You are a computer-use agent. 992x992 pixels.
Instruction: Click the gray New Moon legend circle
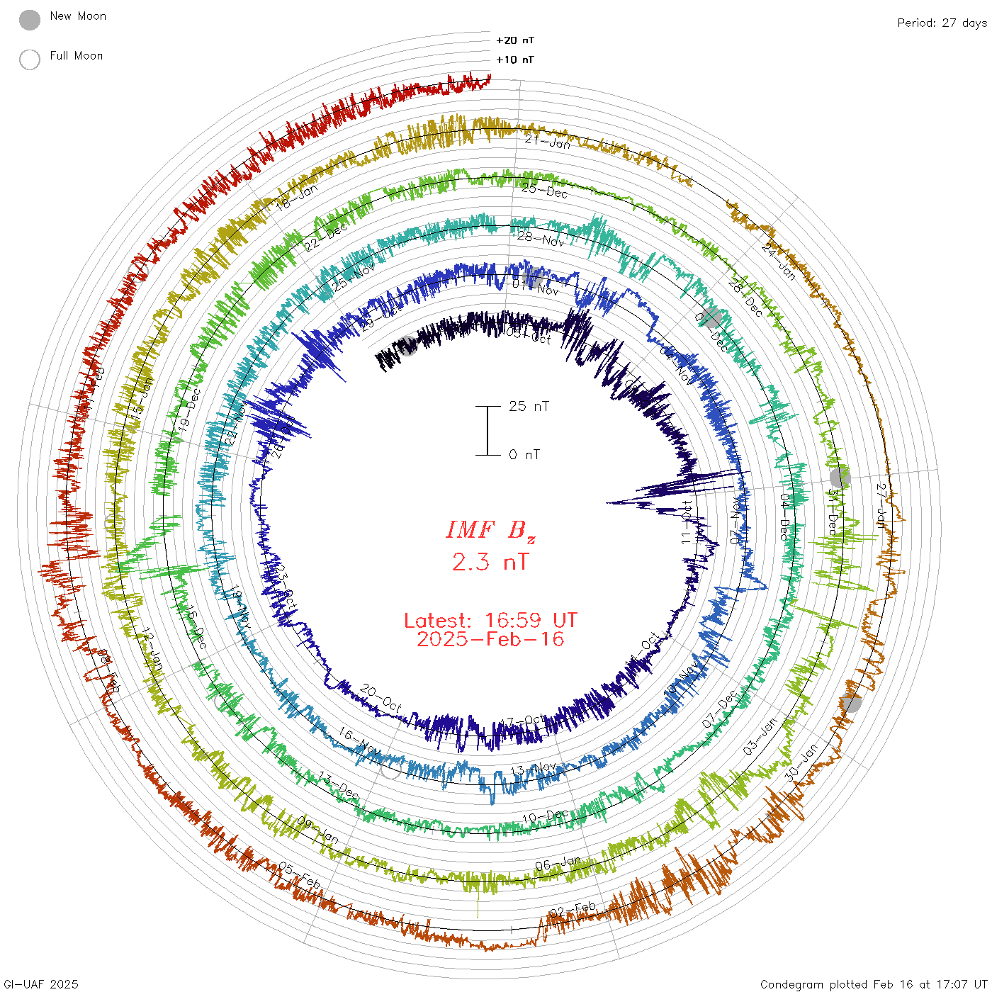(30, 21)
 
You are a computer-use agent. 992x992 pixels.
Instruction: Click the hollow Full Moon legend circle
(30, 60)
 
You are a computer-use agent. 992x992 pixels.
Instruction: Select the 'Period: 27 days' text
(942, 23)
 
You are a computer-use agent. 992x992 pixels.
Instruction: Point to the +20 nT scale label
(515, 40)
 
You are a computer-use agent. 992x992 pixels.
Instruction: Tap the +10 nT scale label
(515, 60)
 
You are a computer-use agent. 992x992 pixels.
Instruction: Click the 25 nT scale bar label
(529, 406)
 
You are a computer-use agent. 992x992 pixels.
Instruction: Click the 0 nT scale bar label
(524, 454)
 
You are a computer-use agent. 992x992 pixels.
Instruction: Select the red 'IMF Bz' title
(490, 531)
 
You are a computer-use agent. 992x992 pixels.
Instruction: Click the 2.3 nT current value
(490, 563)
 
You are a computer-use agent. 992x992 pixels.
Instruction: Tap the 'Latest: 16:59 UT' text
(490, 621)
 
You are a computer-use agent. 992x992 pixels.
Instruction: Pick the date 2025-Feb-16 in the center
(490, 639)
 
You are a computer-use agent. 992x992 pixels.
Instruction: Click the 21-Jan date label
(547, 142)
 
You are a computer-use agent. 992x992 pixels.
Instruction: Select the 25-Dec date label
(544, 191)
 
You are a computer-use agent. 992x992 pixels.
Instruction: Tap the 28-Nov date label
(540, 239)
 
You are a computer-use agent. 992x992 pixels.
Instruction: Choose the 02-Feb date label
(573, 910)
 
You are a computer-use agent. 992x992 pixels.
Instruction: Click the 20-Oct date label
(381, 698)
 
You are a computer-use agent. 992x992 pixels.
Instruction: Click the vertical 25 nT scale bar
(487, 430)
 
